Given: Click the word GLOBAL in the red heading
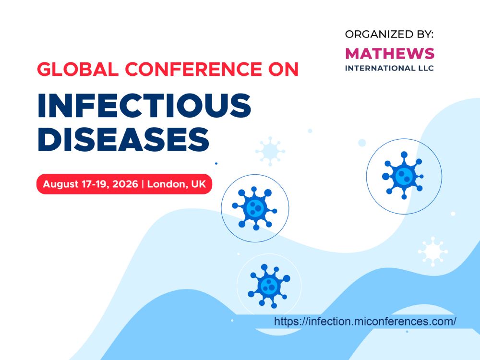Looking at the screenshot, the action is coord(78,69).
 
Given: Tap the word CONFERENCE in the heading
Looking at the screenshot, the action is coord(194,69).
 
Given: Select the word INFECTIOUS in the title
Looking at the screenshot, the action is coord(144,105).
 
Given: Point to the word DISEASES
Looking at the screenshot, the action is coord(123,139).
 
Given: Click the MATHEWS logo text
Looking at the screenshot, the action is coord(390,54).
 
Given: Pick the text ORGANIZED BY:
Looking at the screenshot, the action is coord(389,34).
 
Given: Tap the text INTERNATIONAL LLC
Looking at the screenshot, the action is coord(389,68).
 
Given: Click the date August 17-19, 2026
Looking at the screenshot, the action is coord(90,184).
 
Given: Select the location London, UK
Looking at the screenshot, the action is coord(177,184).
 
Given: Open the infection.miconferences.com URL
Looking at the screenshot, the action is coord(365,322).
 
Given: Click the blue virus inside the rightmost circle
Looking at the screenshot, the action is coord(403,176).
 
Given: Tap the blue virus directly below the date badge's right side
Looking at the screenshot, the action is coord(255,208).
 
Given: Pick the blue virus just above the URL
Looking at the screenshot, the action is coord(269,286).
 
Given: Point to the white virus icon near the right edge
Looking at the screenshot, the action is coord(433,252).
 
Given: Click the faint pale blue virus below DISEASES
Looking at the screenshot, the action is coord(270,151).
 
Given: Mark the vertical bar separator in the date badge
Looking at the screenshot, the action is coord(143,184).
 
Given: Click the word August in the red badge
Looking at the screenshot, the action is coord(61,184).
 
